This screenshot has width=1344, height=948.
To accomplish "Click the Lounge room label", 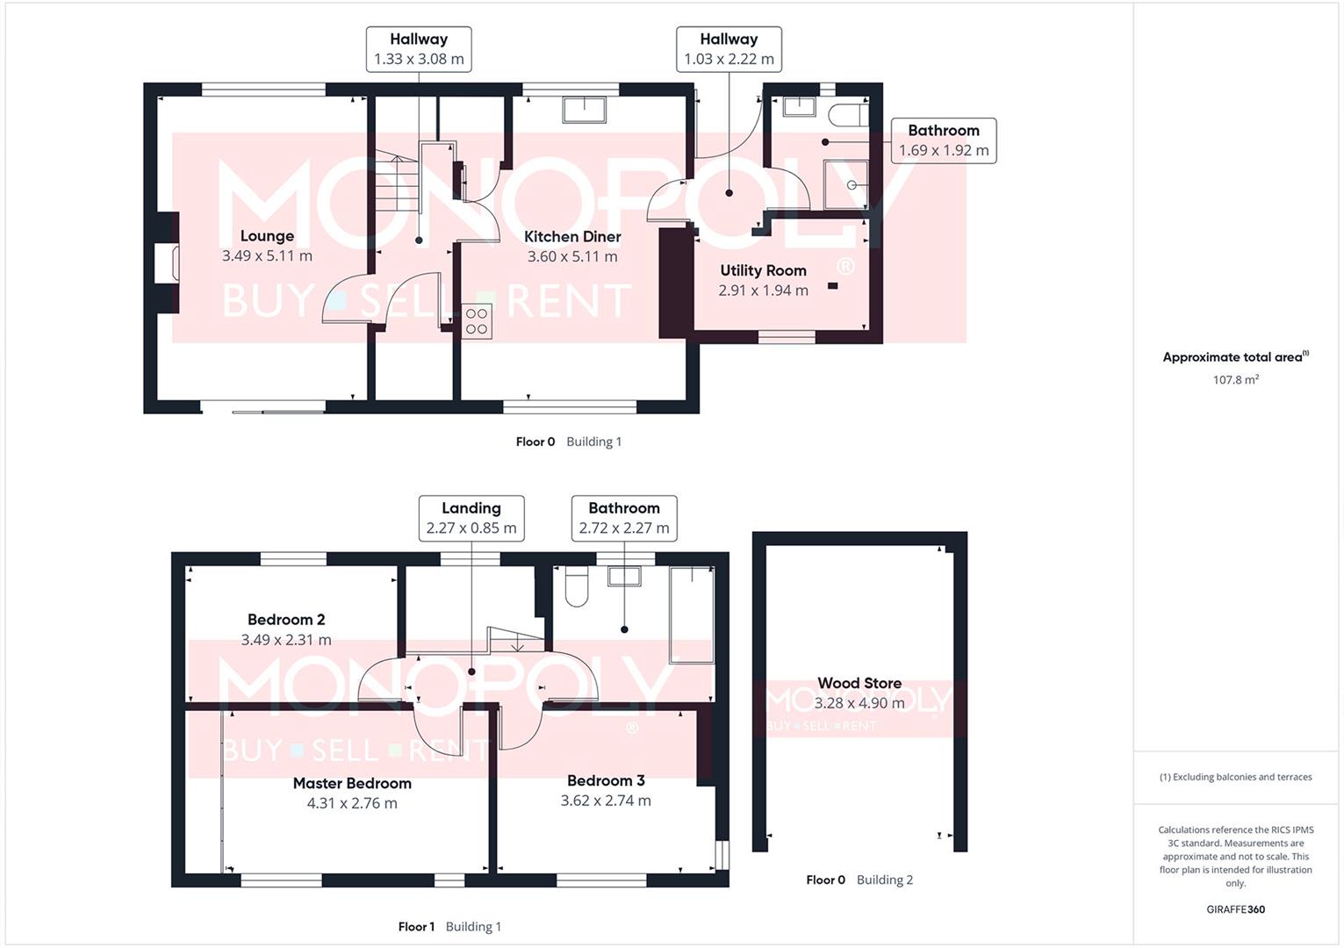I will click(x=267, y=236).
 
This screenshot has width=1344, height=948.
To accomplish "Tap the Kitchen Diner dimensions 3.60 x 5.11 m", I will click(x=572, y=256).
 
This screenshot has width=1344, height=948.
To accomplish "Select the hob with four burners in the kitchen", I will click(x=477, y=321).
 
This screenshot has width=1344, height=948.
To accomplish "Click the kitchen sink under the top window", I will click(x=584, y=110).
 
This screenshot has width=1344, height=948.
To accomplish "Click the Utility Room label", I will click(x=763, y=270).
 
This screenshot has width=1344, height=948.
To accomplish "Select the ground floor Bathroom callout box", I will click(x=944, y=140).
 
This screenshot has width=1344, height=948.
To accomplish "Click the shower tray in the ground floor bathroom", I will click(x=845, y=184).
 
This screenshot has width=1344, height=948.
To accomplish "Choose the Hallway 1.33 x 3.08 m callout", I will click(x=419, y=49).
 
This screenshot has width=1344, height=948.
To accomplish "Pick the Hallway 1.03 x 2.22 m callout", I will click(x=729, y=49).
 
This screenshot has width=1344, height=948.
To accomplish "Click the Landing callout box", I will click(x=471, y=518).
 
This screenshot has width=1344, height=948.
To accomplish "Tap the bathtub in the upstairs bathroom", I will click(x=692, y=614).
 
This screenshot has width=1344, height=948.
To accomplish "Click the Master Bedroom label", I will click(x=352, y=783).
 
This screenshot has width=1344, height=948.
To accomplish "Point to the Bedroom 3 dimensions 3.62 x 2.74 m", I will click(x=606, y=801).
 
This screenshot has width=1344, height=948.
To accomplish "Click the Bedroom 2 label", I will click(x=286, y=620).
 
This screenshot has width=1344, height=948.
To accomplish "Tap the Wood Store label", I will click(x=859, y=683).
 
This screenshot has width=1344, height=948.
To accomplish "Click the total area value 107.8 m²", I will click(x=1235, y=380).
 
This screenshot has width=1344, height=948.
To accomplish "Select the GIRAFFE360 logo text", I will click(x=1235, y=909).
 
